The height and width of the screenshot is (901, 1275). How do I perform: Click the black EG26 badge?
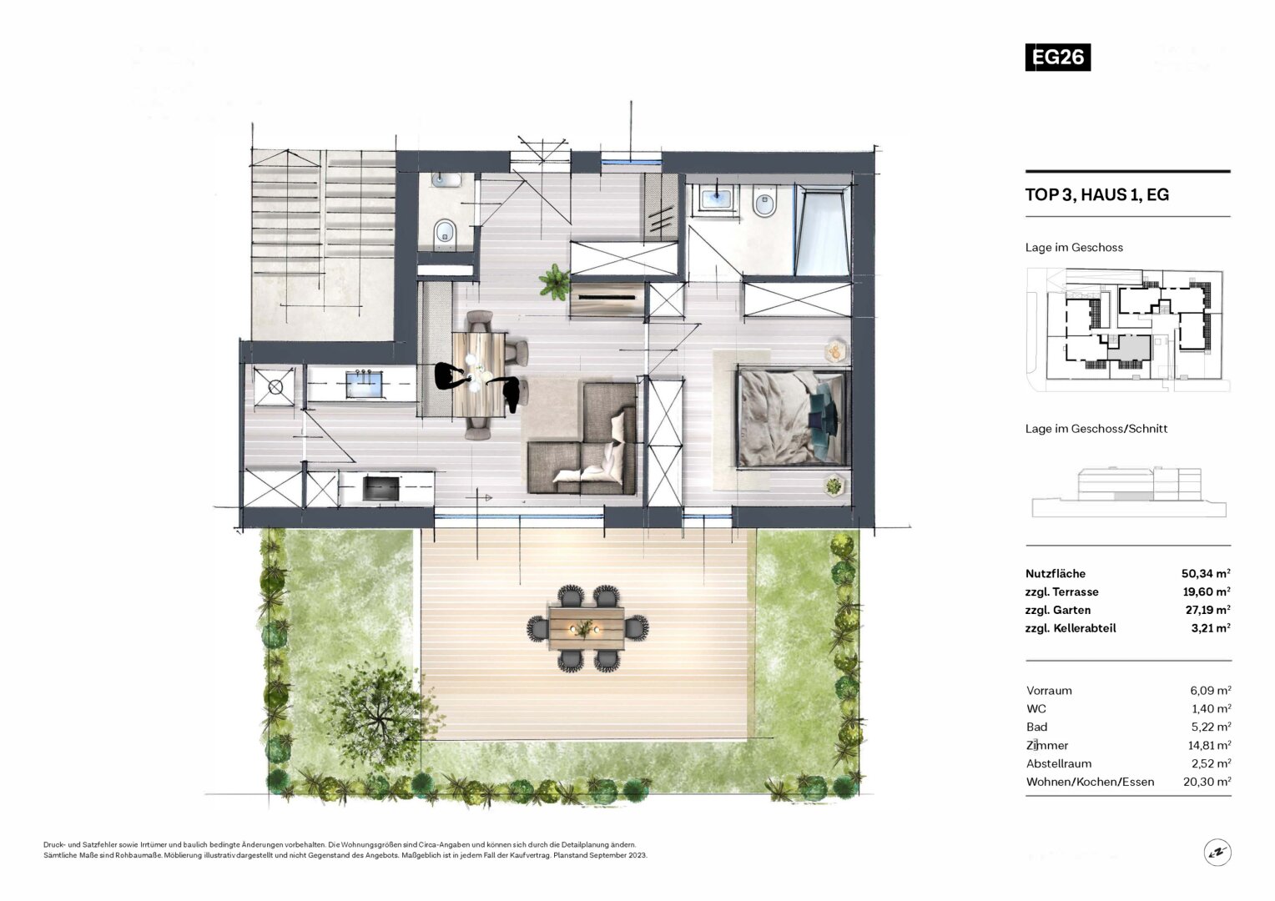[1057, 57]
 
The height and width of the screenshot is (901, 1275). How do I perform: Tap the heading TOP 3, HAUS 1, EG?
[1096, 194]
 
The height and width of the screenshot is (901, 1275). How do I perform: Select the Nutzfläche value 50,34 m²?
[1207, 573]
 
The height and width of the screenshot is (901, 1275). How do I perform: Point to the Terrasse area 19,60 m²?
[1207, 591]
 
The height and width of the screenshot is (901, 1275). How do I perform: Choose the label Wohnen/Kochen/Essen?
[1090, 782]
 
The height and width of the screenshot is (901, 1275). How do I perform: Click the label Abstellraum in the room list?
[1059, 763]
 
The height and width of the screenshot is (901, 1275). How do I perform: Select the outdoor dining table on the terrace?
[587, 628]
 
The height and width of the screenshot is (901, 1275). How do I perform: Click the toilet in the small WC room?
[445, 233]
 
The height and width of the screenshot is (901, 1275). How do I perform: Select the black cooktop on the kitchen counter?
[380, 488]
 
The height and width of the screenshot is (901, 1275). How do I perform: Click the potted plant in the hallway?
[554, 281]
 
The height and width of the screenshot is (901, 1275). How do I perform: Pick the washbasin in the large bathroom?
[716, 199]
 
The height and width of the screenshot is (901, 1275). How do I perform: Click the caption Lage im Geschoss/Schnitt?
[1096, 429]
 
